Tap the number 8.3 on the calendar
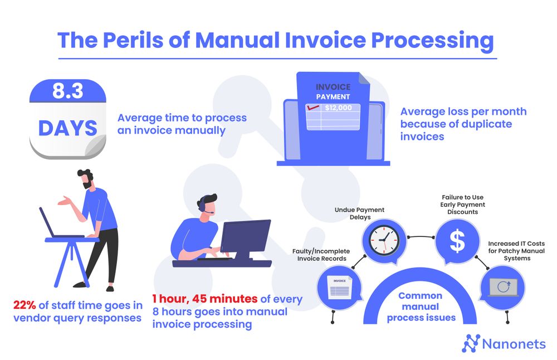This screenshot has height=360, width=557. click(x=67, y=91)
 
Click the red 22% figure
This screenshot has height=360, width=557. click(x=25, y=305)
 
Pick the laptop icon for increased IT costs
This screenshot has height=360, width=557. click(x=502, y=288)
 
